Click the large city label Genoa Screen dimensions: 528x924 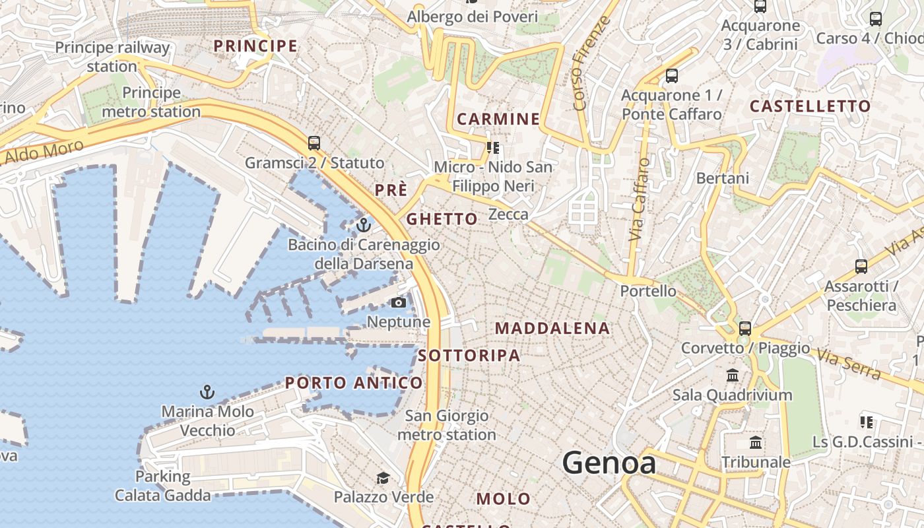[x=609, y=463]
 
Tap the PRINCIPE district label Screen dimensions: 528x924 [x=255, y=46]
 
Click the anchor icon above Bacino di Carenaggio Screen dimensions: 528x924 [x=363, y=226]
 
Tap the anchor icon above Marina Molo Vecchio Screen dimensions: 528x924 [x=207, y=392]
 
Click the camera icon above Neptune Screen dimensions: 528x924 [x=398, y=303]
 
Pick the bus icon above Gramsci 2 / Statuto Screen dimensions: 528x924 [x=314, y=143]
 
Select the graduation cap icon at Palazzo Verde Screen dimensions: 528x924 [x=383, y=478]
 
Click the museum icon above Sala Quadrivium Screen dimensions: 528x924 [x=733, y=376]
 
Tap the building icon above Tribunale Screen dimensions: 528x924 [x=756, y=442]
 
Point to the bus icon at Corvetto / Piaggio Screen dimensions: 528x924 [x=745, y=328]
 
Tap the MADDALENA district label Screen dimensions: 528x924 [x=552, y=328]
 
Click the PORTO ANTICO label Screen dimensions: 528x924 [x=354, y=383]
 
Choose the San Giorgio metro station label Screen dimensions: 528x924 [x=447, y=425]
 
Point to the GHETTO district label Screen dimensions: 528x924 [x=442, y=219]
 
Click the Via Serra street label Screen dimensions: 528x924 [x=848, y=364]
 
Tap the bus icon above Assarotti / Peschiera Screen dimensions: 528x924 [x=861, y=267]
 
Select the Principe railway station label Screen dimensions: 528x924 [x=112, y=57]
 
